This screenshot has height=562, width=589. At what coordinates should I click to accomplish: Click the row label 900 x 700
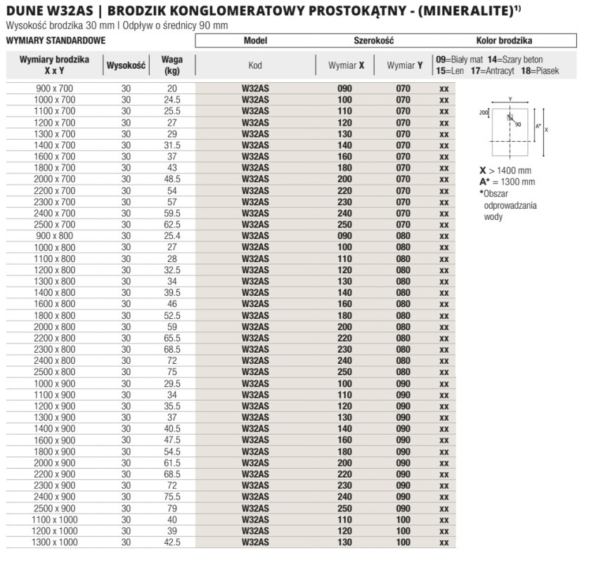click(x=54, y=89)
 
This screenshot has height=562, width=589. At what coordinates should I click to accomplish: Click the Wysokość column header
click(x=126, y=66)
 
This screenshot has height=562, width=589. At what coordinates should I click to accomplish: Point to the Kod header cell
click(x=255, y=66)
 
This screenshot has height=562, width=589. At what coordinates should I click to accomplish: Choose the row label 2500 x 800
click(x=54, y=372)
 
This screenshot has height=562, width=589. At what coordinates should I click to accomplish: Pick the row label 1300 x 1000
click(x=54, y=542)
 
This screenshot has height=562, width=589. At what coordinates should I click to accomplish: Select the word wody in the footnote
click(x=493, y=216)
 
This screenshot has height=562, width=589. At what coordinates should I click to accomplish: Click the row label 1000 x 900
click(x=54, y=384)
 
